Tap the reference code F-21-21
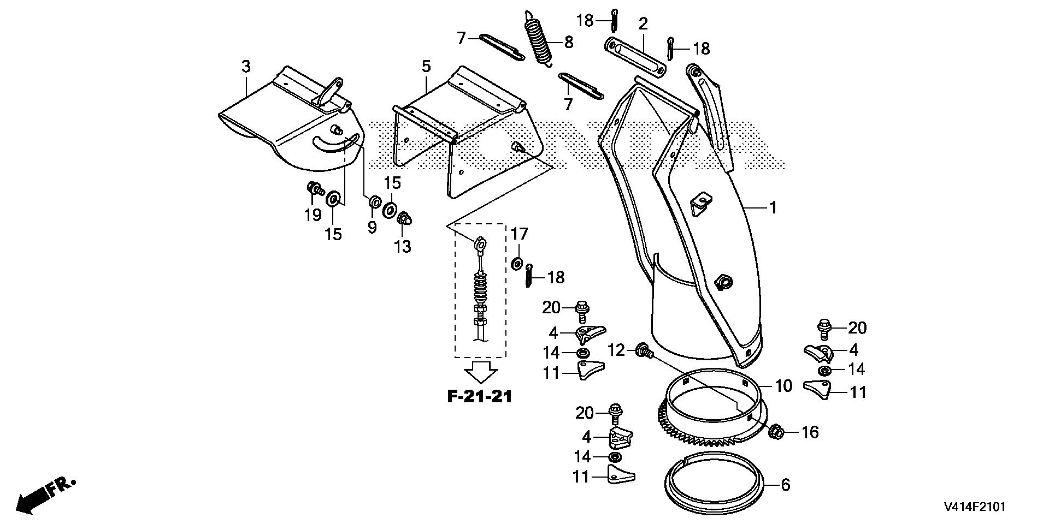coord(480,397)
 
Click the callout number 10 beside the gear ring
coord(783,386)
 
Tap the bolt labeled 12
coord(644,350)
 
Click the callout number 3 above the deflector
coord(246,67)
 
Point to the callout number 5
coord(426,67)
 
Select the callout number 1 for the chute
coord(773,207)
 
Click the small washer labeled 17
coord(516,264)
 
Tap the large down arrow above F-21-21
coord(480,373)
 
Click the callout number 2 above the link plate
coord(643,23)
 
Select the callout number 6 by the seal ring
coord(785,485)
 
